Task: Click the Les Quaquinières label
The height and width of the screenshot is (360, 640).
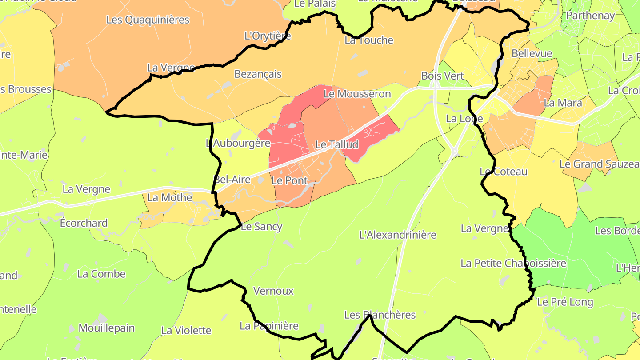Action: [x=148, y=20]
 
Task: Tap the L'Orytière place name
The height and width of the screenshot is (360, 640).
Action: [x=268, y=36]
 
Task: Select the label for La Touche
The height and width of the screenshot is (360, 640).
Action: [x=369, y=40]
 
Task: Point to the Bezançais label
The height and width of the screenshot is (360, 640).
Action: [x=258, y=74]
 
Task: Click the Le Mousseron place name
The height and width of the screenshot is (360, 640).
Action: [x=357, y=94]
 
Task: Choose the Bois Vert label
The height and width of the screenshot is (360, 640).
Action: [x=442, y=76]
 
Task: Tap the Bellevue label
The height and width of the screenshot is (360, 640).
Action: [x=532, y=54]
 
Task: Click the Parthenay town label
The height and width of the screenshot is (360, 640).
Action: [x=590, y=16]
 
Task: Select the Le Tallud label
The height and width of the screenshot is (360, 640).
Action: [x=336, y=144]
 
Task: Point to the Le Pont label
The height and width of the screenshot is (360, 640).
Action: [x=289, y=181]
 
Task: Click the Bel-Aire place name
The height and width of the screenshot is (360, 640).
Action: [x=232, y=180]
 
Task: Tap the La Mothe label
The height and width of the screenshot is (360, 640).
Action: [x=169, y=198]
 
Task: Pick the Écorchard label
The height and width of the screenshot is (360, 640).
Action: [x=84, y=223]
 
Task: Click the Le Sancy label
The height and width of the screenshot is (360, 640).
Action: [x=261, y=227]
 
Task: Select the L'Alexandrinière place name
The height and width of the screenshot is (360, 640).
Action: [x=398, y=235]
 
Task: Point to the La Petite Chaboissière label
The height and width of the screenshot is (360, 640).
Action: [x=513, y=263]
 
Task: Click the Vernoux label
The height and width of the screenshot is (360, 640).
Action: [x=273, y=291]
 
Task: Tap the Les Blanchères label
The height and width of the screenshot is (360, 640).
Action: [x=380, y=315]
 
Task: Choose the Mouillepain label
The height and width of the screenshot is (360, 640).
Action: [x=106, y=328]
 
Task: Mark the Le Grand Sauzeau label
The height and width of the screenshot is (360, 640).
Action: [x=599, y=164]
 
